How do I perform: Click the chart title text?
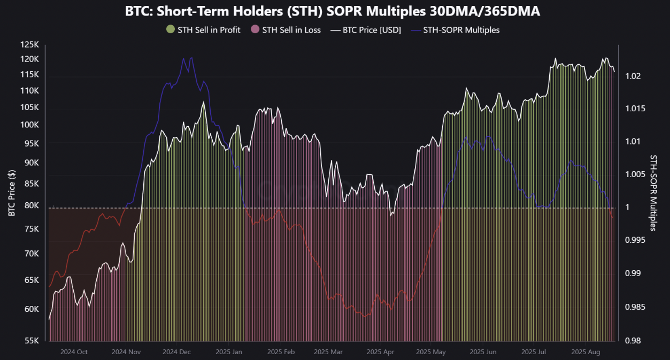click(x=332, y=11)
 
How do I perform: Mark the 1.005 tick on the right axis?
click(x=636, y=174)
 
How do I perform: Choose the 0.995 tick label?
click(x=636, y=240)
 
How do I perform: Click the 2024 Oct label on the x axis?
click(x=74, y=352)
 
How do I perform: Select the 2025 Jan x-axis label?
click(x=229, y=352)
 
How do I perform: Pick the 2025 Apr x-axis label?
click(x=380, y=352)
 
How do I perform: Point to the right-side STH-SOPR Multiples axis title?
click(x=653, y=193)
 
